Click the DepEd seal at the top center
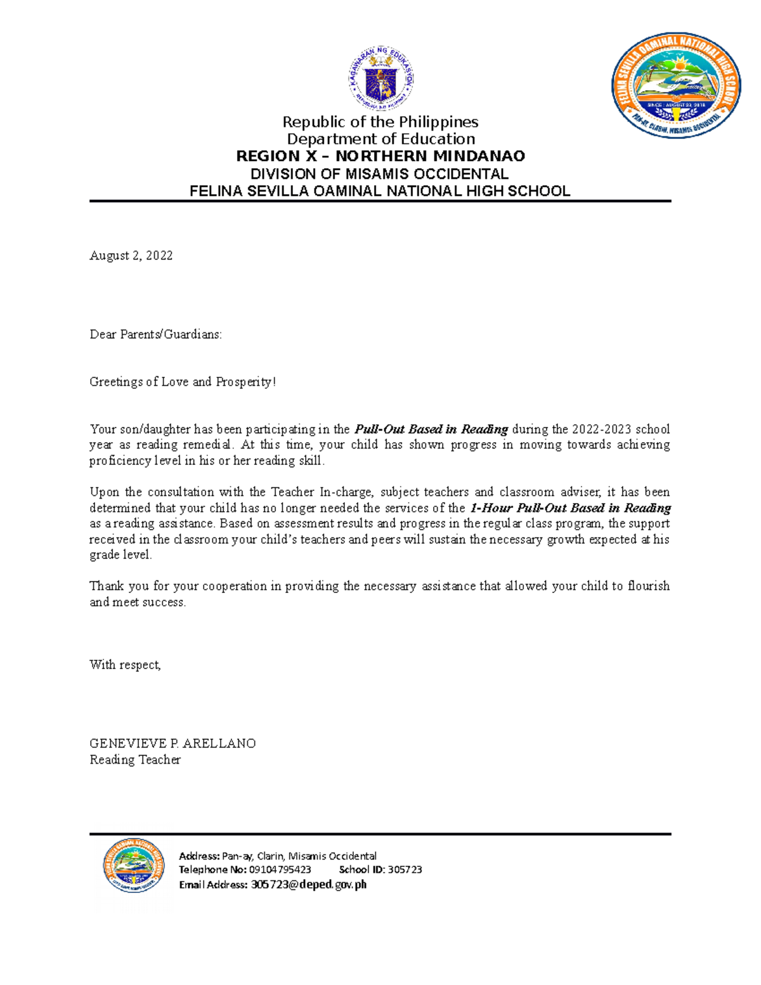pyautogui.click(x=382, y=80)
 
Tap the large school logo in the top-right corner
pyautogui.click(x=676, y=85)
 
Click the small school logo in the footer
pyautogui.click(x=134, y=865)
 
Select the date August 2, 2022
pyautogui.click(x=131, y=256)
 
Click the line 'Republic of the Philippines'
pyautogui.click(x=380, y=122)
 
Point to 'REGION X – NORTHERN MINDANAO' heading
pyautogui.click(x=380, y=156)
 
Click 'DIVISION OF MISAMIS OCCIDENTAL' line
pyautogui.click(x=379, y=174)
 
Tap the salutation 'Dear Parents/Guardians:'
pyautogui.click(x=156, y=334)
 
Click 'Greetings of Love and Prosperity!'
pyautogui.click(x=183, y=382)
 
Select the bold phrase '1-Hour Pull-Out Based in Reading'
pyautogui.click(x=570, y=508)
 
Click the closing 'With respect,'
pyautogui.click(x=125, y=665)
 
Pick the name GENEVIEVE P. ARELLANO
pyautogui.click(x=172, y=743)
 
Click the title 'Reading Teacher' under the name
pyautogui.click(x=135, y=760)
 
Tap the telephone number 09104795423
pyautogui.click(x=280, y=870)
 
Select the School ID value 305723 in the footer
pyautogui.click(x=405, y=870)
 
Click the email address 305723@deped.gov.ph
pyautogui.click(x=308, y=885)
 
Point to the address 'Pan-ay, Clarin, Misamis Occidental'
pyautogui.click(x=299, y=856)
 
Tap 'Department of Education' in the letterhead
pyautogui.click(x=380, y=139)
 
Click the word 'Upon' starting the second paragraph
pyautogui.click(x=104, y=492)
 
